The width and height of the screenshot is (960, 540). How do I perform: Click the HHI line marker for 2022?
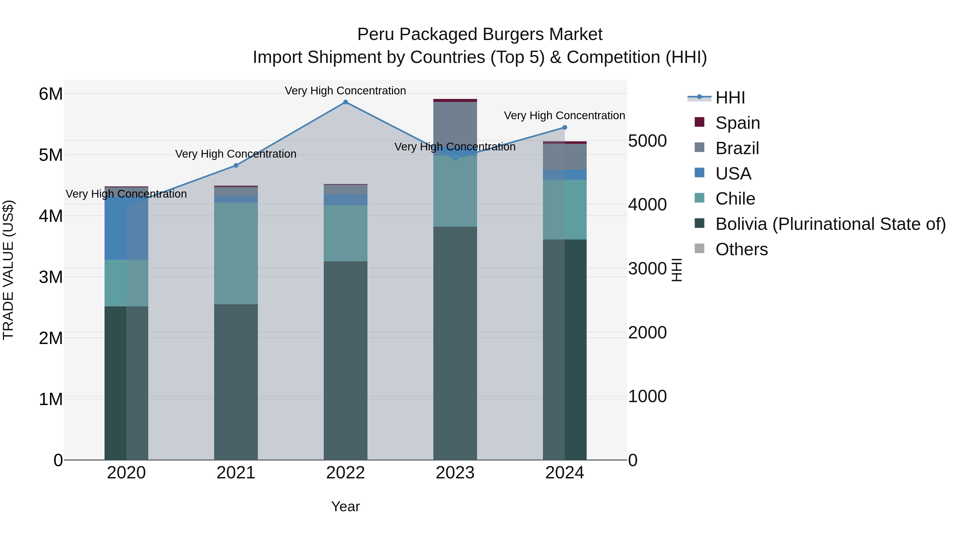pos(345,102)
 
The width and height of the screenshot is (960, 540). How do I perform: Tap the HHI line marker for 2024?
pos(564,127)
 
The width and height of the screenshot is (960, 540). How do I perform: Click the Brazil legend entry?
pos(737,148)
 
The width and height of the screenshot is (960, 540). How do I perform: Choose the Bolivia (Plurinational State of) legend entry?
pos(830,224)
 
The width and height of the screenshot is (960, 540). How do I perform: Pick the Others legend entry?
pos(741,249)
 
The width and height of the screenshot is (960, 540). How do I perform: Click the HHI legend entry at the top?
pos(730,98)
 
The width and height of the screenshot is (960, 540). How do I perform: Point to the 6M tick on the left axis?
pos(51,94)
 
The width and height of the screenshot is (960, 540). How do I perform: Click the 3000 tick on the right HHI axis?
pos(647,269)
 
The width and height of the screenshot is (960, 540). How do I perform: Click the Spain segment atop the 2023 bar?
pos(455,100)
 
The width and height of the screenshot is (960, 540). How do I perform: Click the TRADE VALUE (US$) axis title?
pos(8,270)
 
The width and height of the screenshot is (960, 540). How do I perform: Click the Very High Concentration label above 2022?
pos(345,91)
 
